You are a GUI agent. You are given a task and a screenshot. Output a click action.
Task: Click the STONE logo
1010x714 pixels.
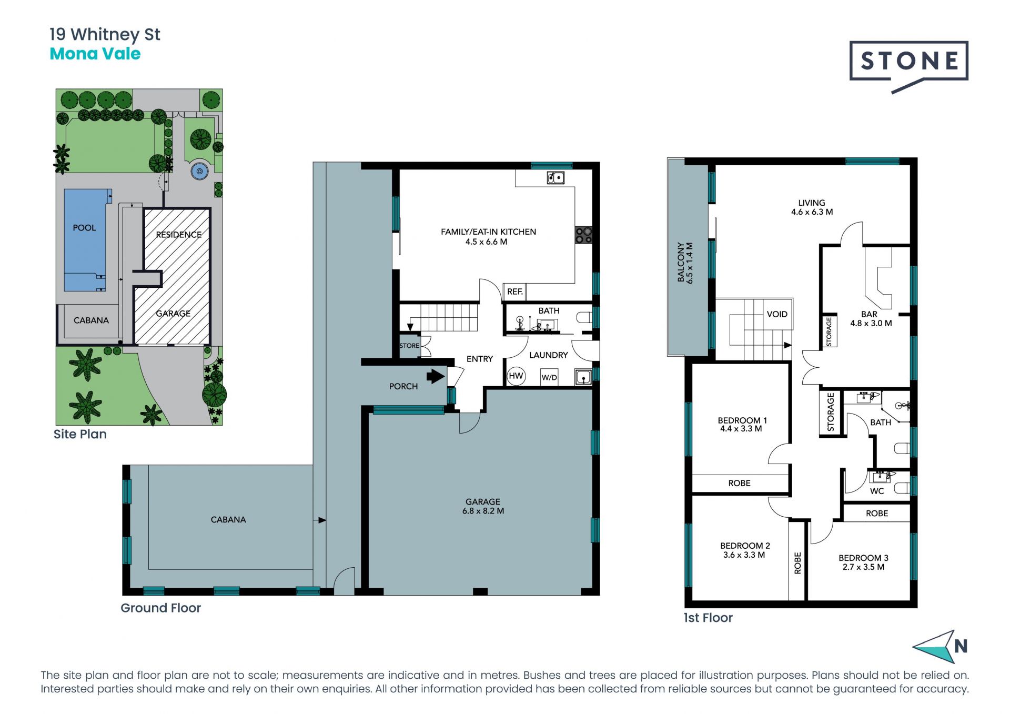(x=908, y=66)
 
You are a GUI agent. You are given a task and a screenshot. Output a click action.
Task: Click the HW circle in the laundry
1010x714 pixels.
(x=516, y=376)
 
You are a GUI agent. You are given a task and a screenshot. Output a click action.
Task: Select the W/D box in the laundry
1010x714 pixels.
(x=549, y=377)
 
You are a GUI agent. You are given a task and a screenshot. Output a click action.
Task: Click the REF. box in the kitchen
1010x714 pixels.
(x=515, y=291)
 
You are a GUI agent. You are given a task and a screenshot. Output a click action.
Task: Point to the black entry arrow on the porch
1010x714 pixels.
(x=436, y=376)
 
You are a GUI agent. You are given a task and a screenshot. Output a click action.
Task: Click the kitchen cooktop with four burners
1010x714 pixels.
(x=584, y=235)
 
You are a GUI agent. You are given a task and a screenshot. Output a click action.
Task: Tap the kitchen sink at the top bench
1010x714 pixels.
(x=555, y=178)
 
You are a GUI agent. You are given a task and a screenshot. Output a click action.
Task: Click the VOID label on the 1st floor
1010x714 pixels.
(x=777, y=314)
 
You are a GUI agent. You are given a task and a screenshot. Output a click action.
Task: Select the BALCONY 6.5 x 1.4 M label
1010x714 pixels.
(x=685, y=263)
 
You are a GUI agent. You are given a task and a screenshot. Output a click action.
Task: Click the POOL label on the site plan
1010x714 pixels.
(x=84, y=228)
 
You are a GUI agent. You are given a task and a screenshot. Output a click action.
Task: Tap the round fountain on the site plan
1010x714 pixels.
(x=199, y=171)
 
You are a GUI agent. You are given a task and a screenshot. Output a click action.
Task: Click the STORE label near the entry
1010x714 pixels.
(x=409, y=346)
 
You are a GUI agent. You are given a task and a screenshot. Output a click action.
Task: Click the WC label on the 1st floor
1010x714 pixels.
(x=877, y=491)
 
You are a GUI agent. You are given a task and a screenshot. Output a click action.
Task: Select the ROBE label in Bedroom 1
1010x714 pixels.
(x=739, y=483)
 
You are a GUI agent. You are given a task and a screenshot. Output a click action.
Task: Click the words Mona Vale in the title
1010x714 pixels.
(x=95, y=54)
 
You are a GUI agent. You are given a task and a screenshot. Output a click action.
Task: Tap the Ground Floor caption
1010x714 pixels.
(x=161, y=608)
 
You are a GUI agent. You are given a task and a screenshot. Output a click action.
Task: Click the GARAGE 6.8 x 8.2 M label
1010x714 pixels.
(x=483, y=506)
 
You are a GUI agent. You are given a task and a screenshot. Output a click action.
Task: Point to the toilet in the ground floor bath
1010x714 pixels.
(x=584, y=317)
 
